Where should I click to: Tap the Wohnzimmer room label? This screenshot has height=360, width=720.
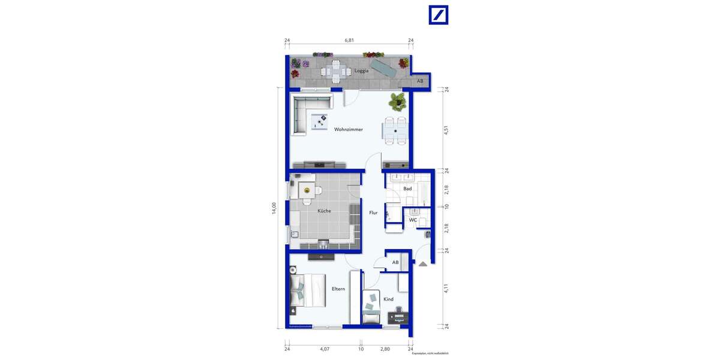pos(332,129)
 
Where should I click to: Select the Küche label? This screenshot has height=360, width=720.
pos(324,211)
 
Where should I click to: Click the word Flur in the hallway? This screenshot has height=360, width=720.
pos(373,212)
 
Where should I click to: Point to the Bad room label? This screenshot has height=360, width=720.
pos(407,188)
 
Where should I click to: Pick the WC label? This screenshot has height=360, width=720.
pos(413,220)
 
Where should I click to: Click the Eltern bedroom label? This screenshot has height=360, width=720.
pos(338,289)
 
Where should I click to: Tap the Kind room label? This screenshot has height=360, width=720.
pos(388,299)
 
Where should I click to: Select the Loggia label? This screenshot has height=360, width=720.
pos(361,71)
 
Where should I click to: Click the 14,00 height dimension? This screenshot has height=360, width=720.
pos(274,208)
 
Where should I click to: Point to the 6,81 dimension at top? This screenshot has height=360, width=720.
pos(349,40)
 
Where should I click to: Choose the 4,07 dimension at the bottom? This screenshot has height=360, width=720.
pos(324,348)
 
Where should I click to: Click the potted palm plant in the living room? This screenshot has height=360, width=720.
pos(397,101)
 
